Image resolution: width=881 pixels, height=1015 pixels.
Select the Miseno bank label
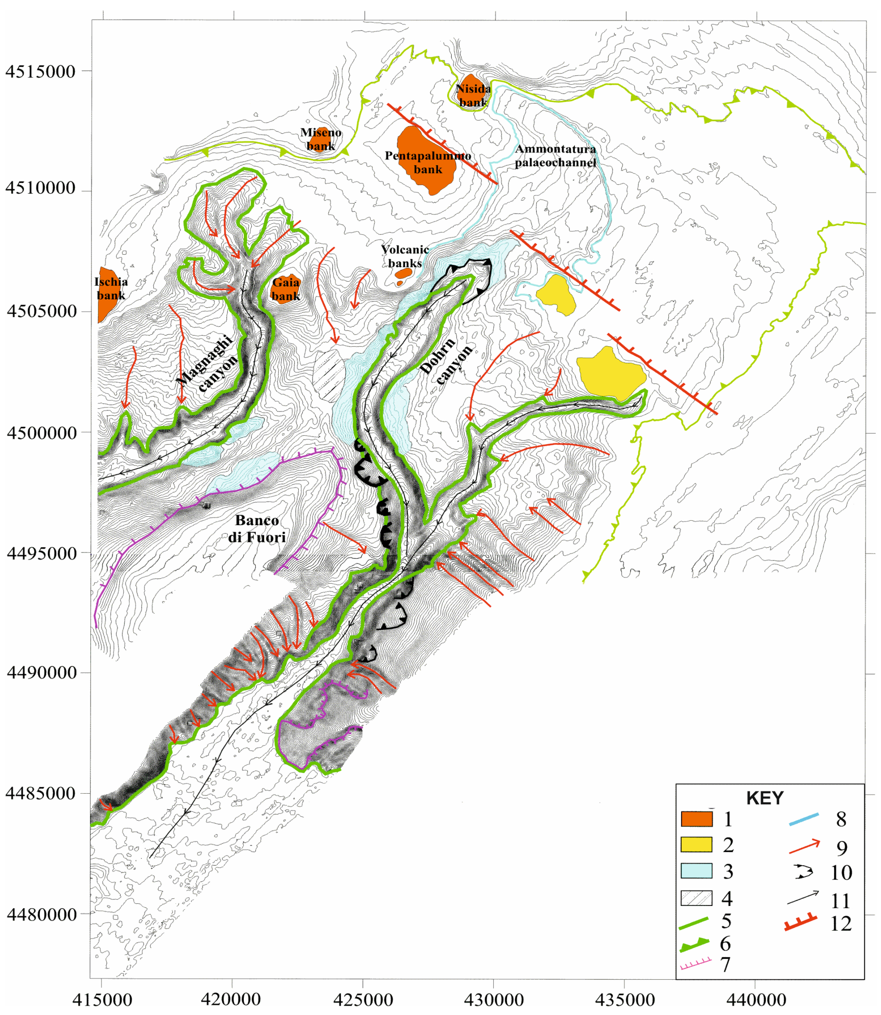pyautogui.click(x=320, y=139)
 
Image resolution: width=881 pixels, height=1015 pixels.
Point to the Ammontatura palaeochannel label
pyautogui.click(x=556, y=156)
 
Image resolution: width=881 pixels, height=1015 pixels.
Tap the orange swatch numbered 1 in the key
pyautogui.click(x=696, y=819)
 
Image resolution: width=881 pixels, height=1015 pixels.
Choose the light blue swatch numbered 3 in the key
pyautogui.click(x=696, y=871)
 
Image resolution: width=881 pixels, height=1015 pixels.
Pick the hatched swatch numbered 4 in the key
pyautogui.click(x=696, y=898)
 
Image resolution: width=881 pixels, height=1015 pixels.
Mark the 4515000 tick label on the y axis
pyautogui.click(x=40, y=72)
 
